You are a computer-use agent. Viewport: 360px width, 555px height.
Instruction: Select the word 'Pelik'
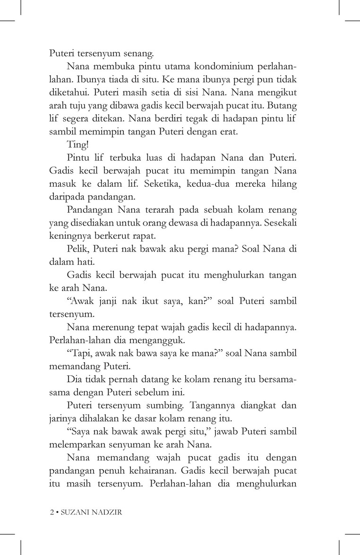tap(78, 249)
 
